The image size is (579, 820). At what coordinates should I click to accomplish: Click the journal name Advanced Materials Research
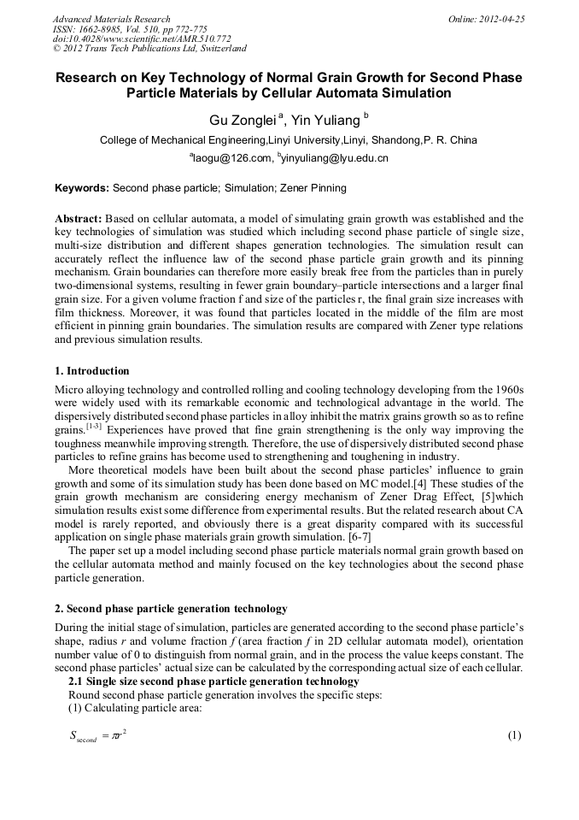(111, 19)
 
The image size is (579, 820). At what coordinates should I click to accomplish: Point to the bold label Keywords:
(82, 187)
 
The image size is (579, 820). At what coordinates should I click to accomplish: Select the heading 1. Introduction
(91, 371)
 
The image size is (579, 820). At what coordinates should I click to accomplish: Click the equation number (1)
(514, 735)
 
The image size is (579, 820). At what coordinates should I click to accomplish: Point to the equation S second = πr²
(98, 735)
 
